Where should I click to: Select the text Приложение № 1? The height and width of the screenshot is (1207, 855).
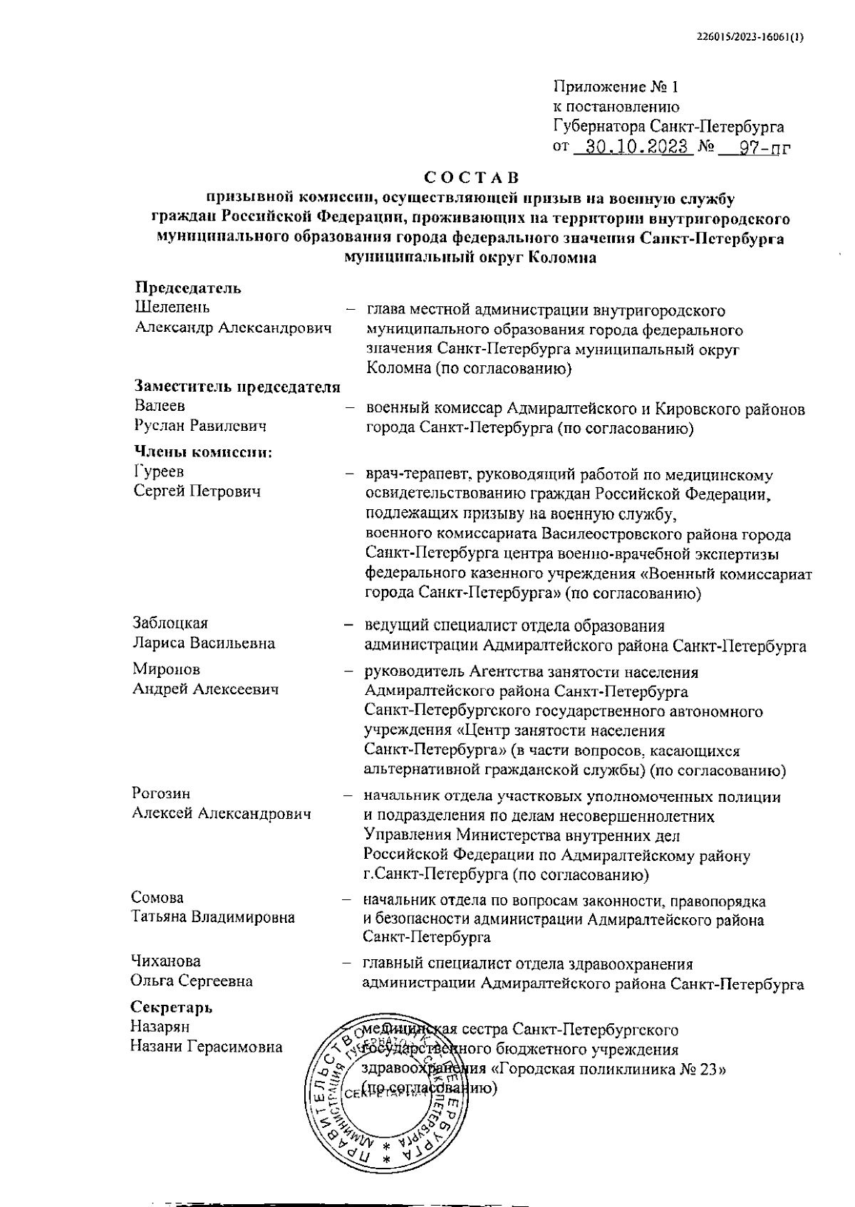(617, 88)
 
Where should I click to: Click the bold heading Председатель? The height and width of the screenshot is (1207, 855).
(188, 288)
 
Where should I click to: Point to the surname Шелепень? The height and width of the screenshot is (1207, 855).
(172, 308)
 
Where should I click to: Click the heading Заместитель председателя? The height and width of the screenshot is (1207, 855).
(238, 387)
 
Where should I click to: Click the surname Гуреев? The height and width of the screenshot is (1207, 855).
(159, 471)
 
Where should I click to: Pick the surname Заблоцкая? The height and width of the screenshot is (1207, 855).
(170, 624)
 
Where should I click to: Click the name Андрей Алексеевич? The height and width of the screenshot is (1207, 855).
(205, 689)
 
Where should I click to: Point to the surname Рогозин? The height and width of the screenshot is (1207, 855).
(162, 794)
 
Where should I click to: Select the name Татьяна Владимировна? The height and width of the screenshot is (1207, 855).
(213, 917)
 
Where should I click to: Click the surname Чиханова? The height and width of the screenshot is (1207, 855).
(166, 961)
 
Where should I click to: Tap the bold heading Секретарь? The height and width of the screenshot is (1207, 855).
(172, 1008)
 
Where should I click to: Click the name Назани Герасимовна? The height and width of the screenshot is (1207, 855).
(207, 1047)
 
